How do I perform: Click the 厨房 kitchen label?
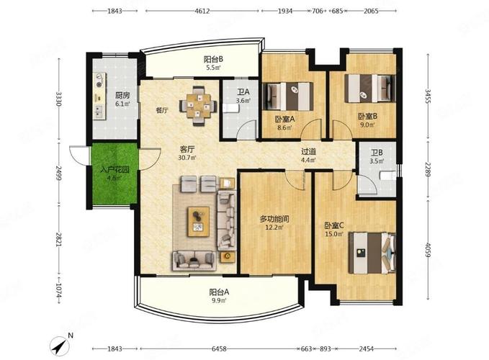click(x=122, y=95)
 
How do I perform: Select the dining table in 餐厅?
click(x=198, y=106)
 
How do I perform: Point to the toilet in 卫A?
click(x=230, y=108)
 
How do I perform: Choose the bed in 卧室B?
click(x=370, y=89)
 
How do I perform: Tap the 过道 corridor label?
click(x=309, y=151)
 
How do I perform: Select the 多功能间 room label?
click(x=274, y=219)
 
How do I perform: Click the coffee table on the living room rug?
click(x=198, y=222)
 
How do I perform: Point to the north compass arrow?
click(x=60, y=346)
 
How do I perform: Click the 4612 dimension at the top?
click(x=202, y=11)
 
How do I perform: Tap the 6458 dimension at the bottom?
click(x=219, y=348)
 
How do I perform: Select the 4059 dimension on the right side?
click(x=428, y=250)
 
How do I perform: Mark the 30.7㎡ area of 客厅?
click(x=187, y=158)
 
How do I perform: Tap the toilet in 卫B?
click(x=388, y=176)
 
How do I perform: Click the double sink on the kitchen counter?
click(x=99, y=112)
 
